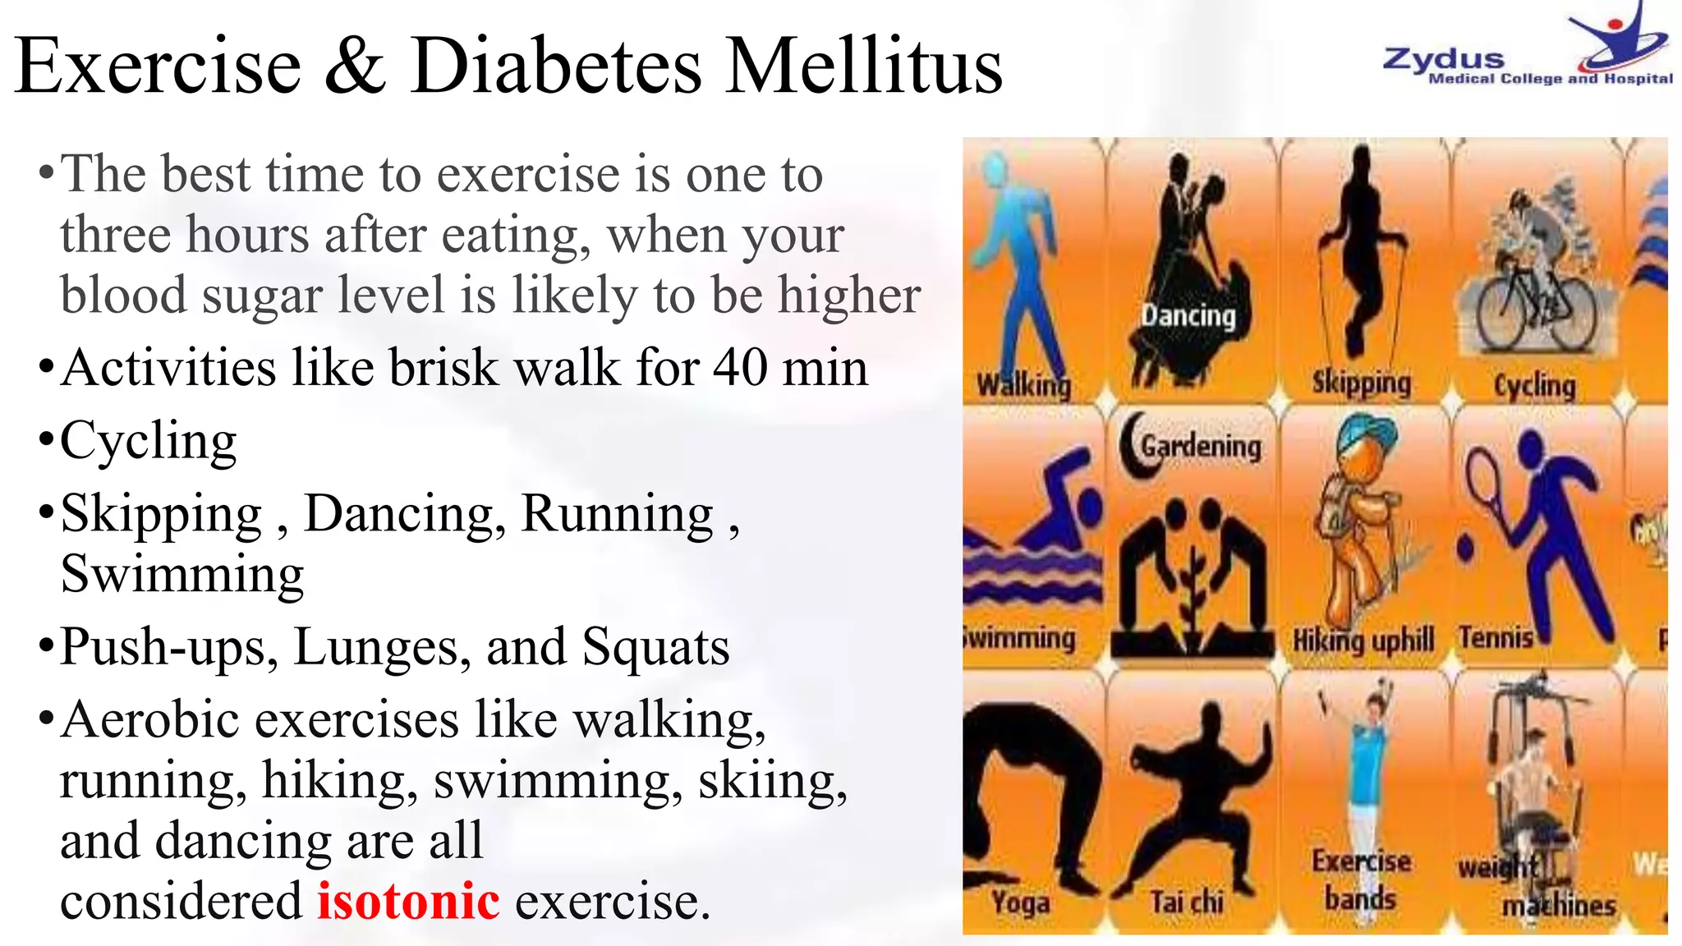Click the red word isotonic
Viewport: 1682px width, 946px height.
click(408, 901)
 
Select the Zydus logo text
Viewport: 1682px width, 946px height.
click(1443, 59)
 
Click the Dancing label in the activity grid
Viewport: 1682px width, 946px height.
click(1188, 315)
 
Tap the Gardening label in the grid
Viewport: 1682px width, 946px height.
click(1201, 447)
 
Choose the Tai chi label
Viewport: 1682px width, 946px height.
click(1187, 902)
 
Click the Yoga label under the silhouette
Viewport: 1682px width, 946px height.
click(1020, 902)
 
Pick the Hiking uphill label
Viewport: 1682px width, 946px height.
click(1363, 640)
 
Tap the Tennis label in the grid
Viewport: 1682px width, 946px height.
click(1496, 637)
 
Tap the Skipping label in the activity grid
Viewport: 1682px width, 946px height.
click(1361, 382)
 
